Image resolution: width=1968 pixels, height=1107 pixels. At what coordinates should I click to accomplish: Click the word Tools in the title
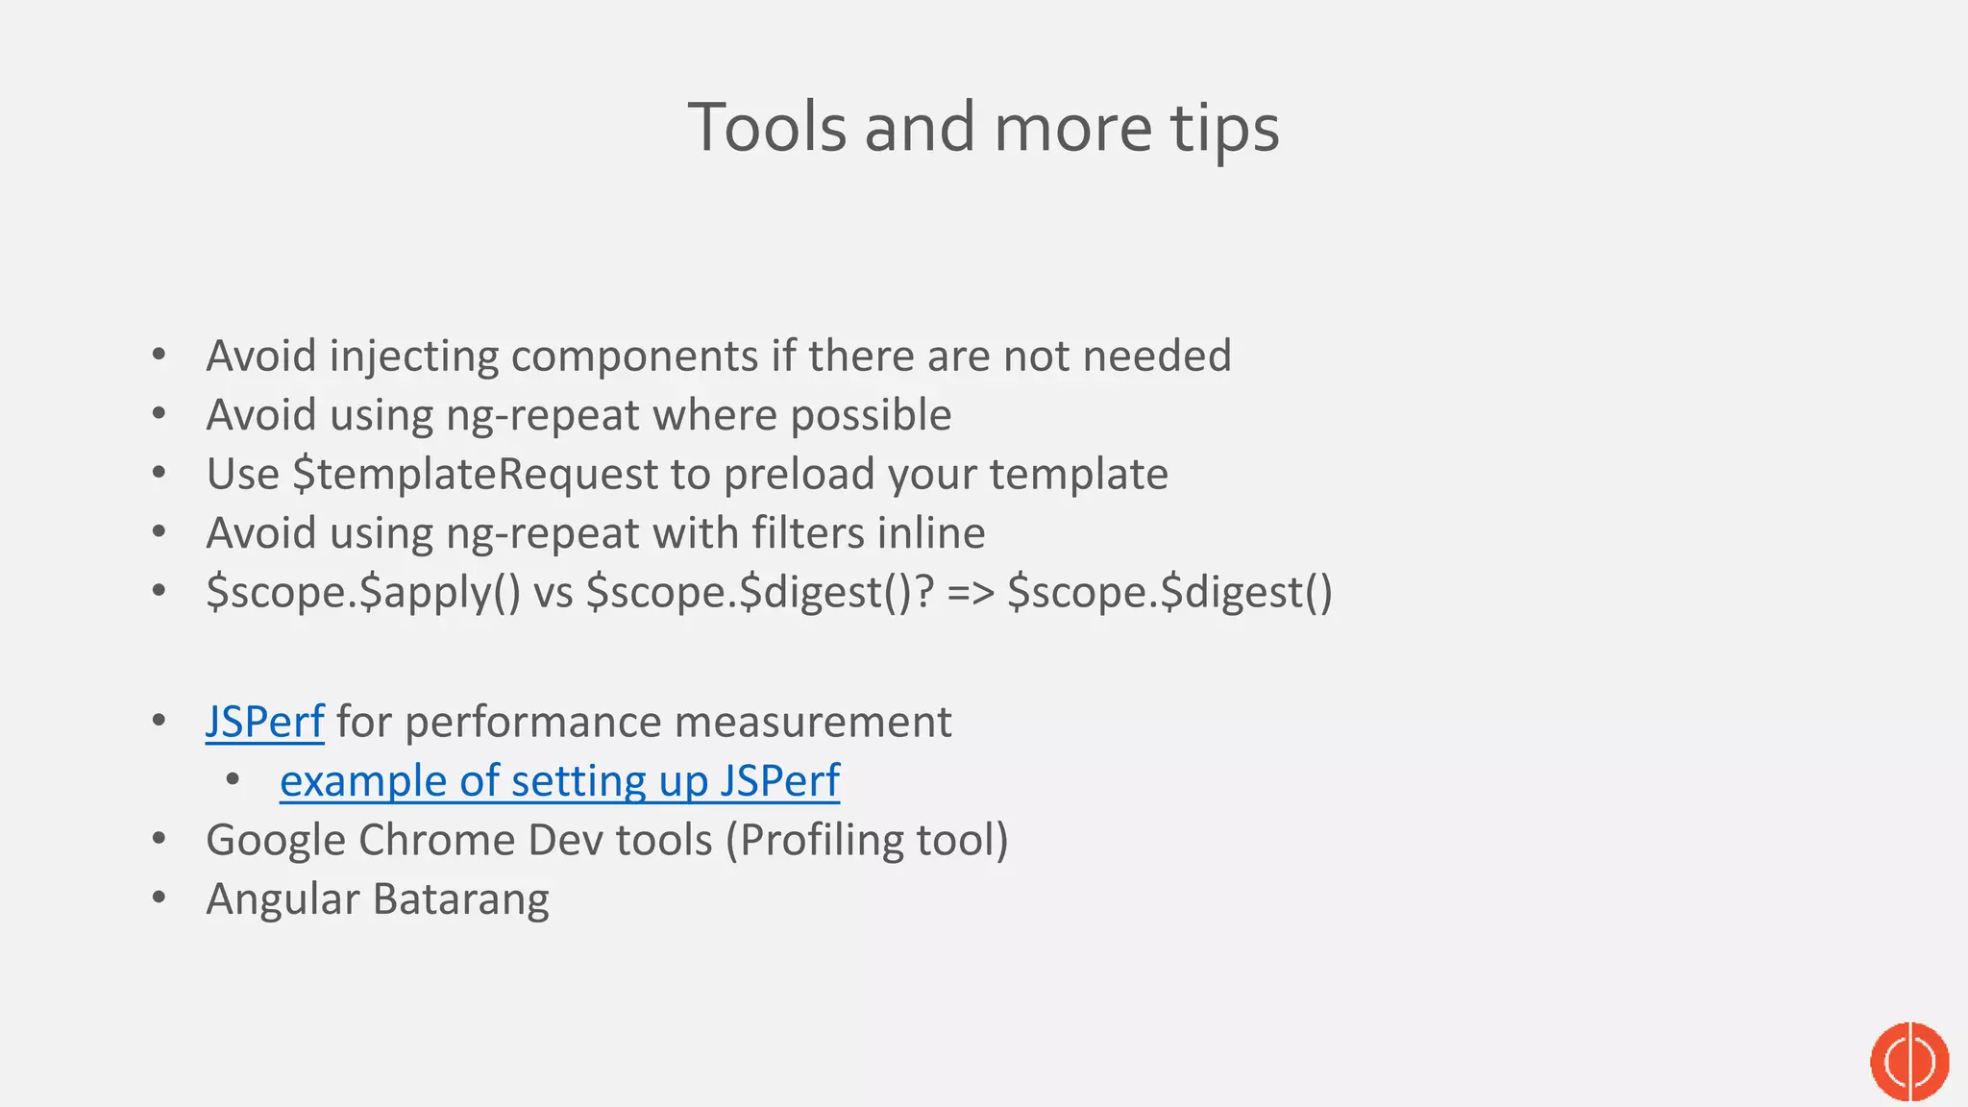tap(767, 128)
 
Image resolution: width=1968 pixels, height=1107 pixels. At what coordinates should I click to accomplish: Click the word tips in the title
tap(1224, 128)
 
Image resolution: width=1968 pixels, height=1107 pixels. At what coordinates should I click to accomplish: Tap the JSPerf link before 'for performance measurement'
tap(264, 722)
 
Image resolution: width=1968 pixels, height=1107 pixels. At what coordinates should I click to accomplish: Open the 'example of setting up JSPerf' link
tap(559, 780)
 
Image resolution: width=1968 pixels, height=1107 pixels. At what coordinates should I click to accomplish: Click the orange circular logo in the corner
tap(1909, 1061)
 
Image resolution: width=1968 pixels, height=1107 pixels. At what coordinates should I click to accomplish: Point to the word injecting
tap(413, 357)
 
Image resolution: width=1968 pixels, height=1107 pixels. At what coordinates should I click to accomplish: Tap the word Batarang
tap(460, 899)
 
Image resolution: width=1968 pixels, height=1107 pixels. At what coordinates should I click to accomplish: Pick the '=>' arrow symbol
tap(971, 592)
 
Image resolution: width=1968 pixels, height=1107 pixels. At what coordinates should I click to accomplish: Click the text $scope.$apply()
tap(363, 592)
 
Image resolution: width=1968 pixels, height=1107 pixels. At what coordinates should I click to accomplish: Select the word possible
tap(871, 415)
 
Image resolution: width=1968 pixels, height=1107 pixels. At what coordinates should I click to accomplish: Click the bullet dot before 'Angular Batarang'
tap(159, 898)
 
